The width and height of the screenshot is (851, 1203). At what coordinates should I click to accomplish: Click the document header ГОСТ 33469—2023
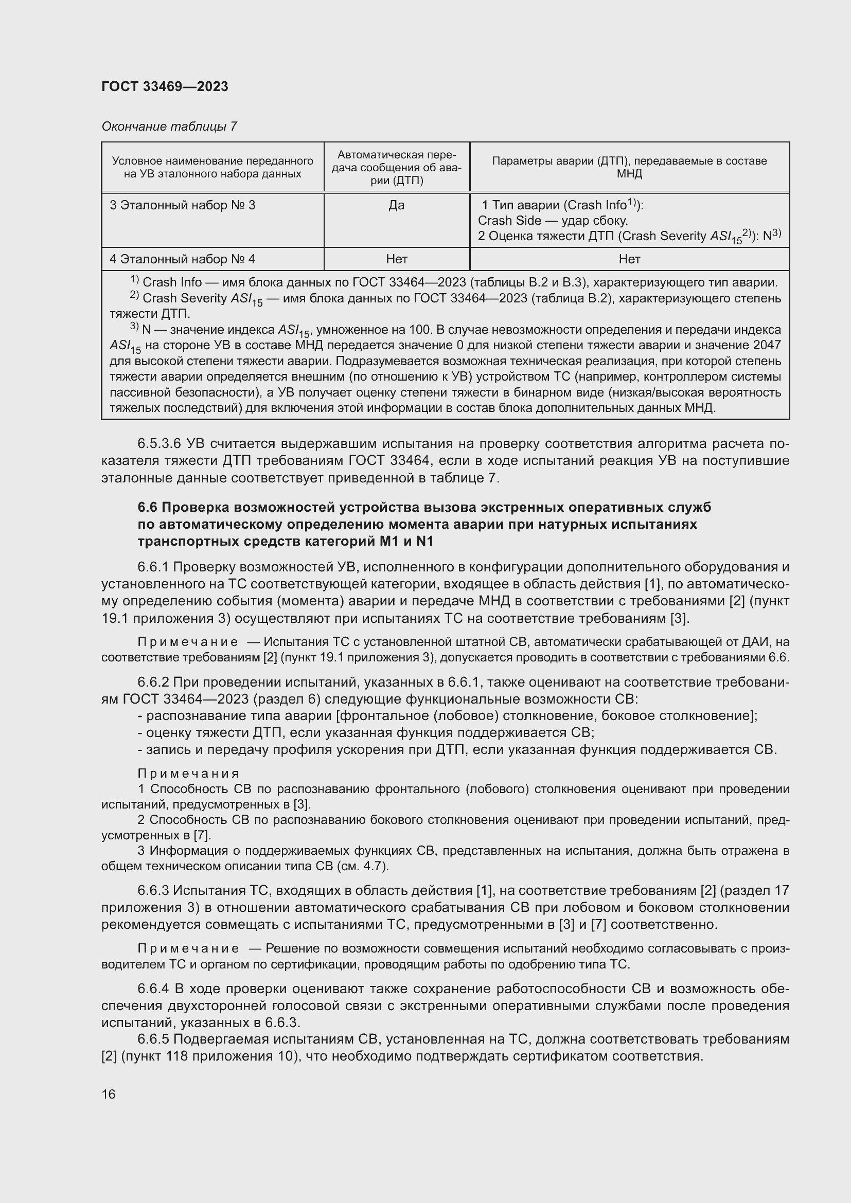coord(165,87)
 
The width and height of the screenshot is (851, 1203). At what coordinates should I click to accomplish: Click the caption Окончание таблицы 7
coord(169,127)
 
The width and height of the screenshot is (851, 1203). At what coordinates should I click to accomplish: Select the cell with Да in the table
coord(396,205)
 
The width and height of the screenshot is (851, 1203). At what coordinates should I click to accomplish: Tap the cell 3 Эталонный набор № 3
coord(182,205)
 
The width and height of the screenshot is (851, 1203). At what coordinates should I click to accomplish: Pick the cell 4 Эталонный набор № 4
coord(182,259)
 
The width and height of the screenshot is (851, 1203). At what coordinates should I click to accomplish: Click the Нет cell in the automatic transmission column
coord(396,259)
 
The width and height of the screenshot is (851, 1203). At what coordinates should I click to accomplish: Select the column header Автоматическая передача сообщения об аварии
coord(396,167)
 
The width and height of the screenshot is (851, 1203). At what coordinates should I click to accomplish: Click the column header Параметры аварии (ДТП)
coord(629,167)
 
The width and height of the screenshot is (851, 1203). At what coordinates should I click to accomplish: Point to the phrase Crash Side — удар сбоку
coord(552,221)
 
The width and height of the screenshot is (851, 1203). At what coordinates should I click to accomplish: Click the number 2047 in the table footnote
coord(766,345)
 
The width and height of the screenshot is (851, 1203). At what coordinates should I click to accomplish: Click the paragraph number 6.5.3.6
coord(159,444)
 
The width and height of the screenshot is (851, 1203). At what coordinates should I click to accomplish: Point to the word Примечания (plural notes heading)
coord(188,774)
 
